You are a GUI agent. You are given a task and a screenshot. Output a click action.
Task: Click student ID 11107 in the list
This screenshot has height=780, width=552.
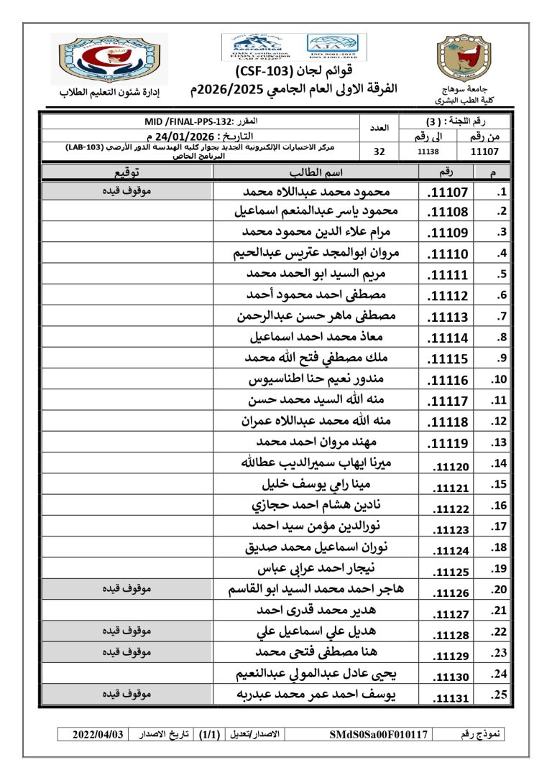448,192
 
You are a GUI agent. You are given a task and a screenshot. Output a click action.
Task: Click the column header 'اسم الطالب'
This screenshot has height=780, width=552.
316,172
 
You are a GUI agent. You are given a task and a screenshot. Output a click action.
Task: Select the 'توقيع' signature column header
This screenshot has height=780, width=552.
127,172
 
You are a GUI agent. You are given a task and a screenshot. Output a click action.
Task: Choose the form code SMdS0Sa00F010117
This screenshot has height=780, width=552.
379,735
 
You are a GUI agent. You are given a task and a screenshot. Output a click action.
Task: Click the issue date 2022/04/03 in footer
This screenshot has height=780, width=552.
98,735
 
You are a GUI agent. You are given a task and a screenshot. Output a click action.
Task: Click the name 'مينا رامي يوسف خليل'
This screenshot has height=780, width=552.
316,487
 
